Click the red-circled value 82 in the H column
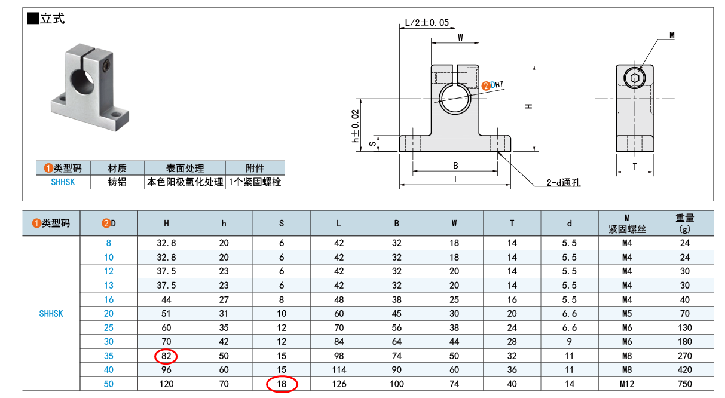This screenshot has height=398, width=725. point(166,356)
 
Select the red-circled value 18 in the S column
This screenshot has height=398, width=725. point(282,384)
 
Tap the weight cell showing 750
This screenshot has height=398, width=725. point(684,384)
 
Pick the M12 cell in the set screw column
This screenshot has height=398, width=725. point(627,384)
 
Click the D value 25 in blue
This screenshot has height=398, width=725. point(108,328)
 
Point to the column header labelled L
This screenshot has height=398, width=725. point(339,224)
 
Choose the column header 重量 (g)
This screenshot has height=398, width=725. point(684,224)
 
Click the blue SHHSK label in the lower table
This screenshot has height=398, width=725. point(51,314)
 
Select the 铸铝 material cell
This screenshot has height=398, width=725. point(117,182)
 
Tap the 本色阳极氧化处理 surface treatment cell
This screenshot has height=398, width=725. point(185,182)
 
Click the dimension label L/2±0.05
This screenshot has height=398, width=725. point(427,23)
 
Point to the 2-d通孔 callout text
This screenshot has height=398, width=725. point(564,183)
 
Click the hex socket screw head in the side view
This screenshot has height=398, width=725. point(635,78)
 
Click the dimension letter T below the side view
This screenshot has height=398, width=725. point(635,167)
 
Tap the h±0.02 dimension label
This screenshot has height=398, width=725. point(356,126)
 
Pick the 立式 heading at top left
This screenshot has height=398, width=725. point(53,19)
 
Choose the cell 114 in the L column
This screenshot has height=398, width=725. point(339,370)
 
